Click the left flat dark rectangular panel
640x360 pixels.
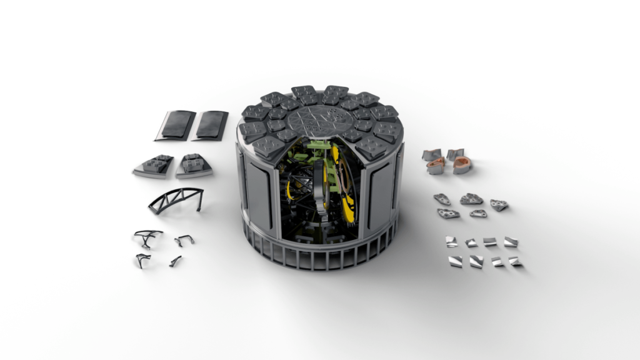[x=175, y=125]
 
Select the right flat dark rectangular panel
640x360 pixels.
[x=211, y=125]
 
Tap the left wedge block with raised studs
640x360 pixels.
[x=154, y=166]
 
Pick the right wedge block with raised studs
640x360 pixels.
[x=194, y=166]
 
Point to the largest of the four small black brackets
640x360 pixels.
[x=147, y=237]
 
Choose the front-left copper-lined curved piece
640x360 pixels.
[x=436, y=166]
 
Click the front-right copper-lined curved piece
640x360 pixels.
[x=462, y=165]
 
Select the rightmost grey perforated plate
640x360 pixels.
[x=499, y=204]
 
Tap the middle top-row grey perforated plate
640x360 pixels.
[x=471, y=199]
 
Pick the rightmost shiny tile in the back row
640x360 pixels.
[x=511, y=242]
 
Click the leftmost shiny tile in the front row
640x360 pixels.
[x=454, y=261]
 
